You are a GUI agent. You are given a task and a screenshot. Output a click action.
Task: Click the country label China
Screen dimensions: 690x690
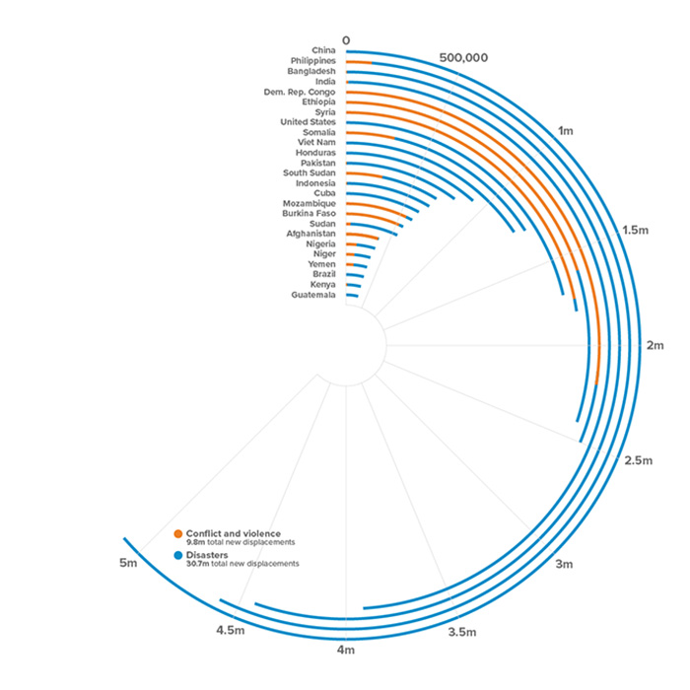click(323, 50)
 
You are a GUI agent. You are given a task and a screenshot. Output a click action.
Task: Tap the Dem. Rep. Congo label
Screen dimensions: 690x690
click(300, 92)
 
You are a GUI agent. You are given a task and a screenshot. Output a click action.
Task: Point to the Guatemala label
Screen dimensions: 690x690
click(313, 295)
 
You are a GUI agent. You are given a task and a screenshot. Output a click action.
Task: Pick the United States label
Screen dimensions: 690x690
click(308, 122)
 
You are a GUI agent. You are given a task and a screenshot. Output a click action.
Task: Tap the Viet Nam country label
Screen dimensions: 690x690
click(316, 143)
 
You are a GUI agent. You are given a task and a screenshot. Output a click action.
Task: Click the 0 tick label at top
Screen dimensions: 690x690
click(346, 40)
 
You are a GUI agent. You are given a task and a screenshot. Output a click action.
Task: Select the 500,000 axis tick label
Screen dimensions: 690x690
click(463, 57)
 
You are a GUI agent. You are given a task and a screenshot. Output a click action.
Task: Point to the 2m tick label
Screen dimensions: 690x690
click(655, 345)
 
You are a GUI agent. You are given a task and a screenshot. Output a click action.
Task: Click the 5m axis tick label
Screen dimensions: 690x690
click(126, 563)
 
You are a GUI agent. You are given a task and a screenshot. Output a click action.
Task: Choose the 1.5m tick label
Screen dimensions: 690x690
click(636, 230)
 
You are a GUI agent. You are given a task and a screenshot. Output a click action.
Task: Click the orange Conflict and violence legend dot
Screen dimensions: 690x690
click(178, 534)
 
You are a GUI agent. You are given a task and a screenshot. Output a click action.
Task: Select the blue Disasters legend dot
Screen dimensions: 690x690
click(178, 556)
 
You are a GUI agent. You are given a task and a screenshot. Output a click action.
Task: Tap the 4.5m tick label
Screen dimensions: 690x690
click(230, 630)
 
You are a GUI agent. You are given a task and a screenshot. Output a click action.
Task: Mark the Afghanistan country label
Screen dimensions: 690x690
click(311, 234)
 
